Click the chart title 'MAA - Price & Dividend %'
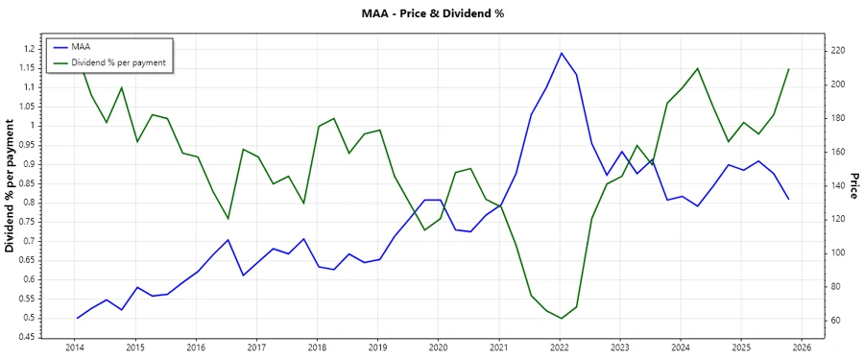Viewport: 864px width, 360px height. pos(431,13)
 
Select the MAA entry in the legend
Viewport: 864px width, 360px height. pos(82,46)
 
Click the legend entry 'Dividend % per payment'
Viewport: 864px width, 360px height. pos(118,61)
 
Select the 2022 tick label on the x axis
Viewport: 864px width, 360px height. pos(560,348)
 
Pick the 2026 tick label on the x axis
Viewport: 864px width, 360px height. pos(803,348)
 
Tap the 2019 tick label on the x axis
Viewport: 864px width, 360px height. pos(377,348)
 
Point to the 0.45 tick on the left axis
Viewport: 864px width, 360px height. pos(28,337)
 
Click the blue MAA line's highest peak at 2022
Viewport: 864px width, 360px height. pos(562,53)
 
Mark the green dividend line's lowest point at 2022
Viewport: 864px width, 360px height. pos(562,318)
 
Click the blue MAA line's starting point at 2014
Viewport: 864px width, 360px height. pos(77,318)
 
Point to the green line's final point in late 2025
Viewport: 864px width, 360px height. pos(788,69)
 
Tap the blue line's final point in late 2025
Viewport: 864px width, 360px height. pos(788,199)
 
